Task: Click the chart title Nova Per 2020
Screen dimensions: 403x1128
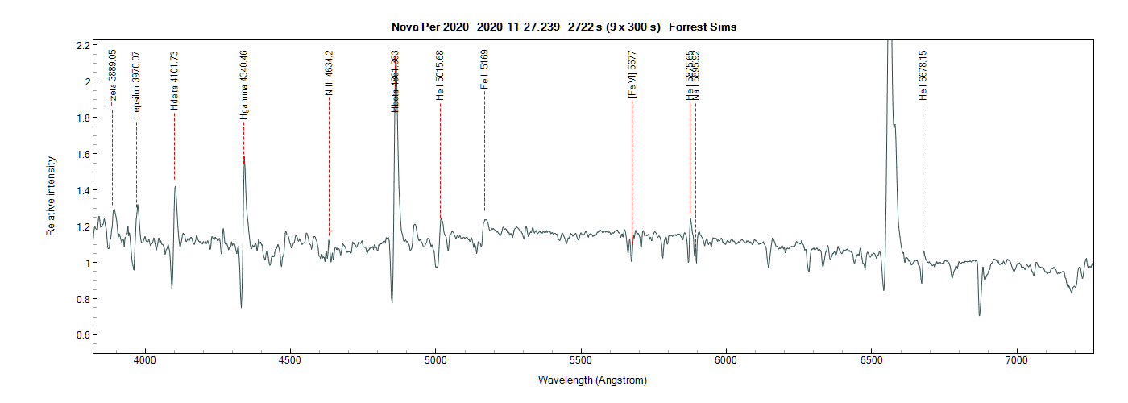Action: click(429, 27)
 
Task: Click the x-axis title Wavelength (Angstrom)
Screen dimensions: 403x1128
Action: click(592, 380)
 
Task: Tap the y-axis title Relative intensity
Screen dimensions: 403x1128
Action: click(50, 196)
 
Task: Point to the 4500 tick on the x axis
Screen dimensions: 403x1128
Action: click(290, 360)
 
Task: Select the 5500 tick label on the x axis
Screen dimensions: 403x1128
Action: click(581, 360)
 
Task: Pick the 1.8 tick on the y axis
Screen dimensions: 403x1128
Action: click(81, 118)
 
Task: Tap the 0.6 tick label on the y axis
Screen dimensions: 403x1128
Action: click(81, 335)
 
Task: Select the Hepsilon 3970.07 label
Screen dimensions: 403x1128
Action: click(137, 85)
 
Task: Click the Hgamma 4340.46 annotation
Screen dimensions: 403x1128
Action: click(243, 85)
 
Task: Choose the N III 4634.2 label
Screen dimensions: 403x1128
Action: click(329, 73)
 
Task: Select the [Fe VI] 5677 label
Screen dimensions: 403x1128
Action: click(632, 73)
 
